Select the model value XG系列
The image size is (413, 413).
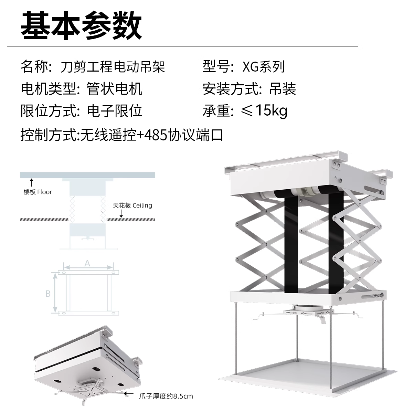point(264,67)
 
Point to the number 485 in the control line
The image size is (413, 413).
point(157,135)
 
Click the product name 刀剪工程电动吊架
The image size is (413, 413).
point(113,67)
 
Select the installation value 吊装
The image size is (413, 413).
point(283,89)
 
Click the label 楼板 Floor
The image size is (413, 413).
point(38,192)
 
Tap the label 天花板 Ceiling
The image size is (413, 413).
point(133,205)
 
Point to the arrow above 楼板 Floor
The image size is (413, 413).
point(31,182)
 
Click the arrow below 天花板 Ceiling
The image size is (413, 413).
point(121,213)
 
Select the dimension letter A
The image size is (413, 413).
point(87,263)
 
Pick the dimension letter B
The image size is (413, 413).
point(48,294)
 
